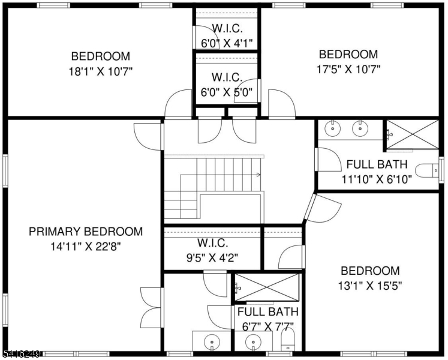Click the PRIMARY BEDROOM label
click(86, 232)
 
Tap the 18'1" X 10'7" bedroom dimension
click(100, 71)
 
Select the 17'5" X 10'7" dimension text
click(348, 69)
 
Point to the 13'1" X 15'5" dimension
click(369, 286)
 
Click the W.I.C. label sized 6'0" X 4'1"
click(227, 28)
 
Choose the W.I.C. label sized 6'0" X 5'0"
click(227, 77)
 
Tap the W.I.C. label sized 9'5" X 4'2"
click(212, 243)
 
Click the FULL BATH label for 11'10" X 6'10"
click(377, 164)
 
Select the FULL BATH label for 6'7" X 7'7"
click(267, 313)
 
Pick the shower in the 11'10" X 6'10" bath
click(412, 134)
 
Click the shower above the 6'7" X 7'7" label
click(267, 289)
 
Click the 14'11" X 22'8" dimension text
click(86, 246)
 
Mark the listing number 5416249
click(21, 355)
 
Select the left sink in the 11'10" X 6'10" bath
click(332, 128)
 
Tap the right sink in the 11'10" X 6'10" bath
click(360, 128)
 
